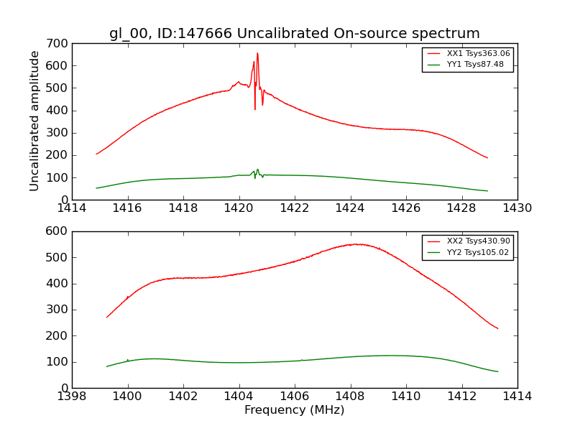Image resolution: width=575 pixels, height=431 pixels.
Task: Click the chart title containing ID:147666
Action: pos(295,34)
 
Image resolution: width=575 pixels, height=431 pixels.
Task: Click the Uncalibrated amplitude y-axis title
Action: pos(34,121)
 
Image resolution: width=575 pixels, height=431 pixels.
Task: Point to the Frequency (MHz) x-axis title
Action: pos(295,410)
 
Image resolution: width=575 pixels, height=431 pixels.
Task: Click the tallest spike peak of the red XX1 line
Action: pos(257,53)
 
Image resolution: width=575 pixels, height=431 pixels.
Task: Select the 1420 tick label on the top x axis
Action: pos(239,208)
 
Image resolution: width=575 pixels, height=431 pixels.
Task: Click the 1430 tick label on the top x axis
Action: pos(517,208)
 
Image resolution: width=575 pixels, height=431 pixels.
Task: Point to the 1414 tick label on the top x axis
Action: pos(72,208)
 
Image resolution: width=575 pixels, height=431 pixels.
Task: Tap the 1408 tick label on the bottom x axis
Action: pos(350,396)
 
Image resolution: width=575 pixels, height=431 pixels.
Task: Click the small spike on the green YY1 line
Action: pos(257,170)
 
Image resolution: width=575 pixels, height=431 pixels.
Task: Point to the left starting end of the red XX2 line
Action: pos(107,317)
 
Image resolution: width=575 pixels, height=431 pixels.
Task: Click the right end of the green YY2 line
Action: pos(497,371)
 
